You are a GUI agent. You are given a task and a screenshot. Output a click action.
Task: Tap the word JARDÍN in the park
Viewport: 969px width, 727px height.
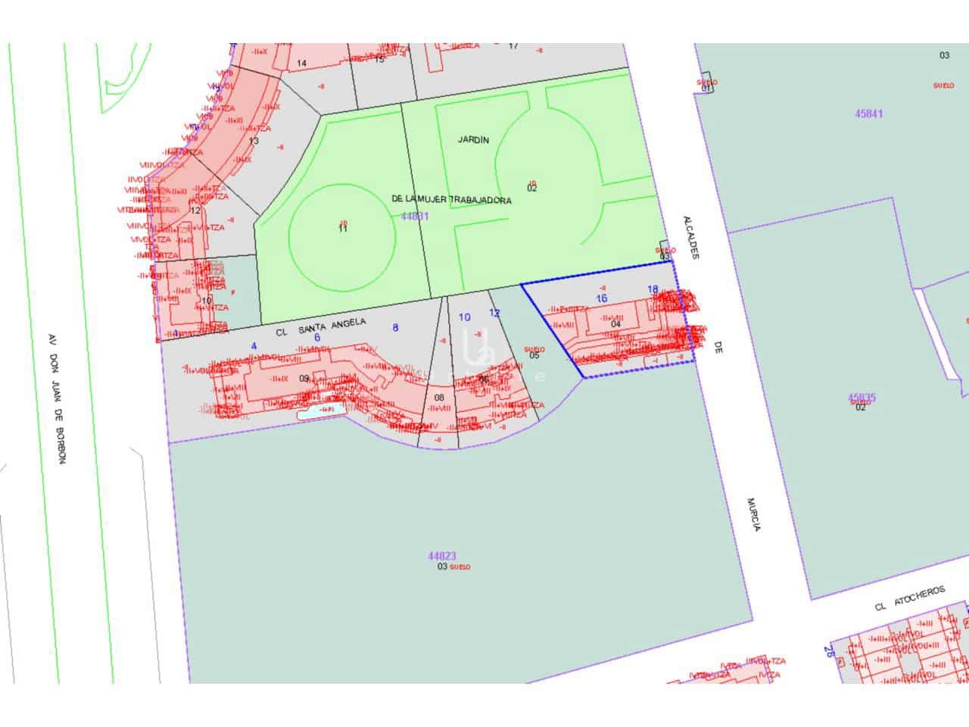474,140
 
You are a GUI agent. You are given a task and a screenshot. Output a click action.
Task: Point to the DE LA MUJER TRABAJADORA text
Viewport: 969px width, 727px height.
452,199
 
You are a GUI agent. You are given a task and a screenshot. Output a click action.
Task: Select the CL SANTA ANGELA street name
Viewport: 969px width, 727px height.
321,326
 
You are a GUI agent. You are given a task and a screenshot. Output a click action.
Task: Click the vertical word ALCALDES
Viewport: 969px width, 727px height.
689,236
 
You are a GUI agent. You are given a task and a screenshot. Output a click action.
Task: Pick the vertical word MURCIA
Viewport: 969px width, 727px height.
753,514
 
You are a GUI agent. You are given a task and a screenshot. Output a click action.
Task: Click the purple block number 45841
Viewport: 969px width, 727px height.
868,114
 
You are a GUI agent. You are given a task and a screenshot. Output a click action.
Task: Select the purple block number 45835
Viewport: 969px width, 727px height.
862,397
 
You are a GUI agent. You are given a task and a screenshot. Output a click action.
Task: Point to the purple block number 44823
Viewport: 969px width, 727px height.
441,555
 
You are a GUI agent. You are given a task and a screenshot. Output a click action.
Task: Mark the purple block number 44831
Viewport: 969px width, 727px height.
414,216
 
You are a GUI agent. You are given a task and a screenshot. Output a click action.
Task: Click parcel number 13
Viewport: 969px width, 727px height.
254,141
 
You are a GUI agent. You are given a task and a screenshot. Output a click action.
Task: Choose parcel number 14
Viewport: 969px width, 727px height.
302,63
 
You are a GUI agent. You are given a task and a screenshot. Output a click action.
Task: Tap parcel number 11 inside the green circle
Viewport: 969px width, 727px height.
342,229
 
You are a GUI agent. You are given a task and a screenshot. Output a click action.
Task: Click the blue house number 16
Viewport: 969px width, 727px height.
602,298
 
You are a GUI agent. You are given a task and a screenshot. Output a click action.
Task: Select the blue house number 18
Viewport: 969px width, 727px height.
653,289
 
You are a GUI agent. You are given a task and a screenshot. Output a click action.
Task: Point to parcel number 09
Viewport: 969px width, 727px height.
304,378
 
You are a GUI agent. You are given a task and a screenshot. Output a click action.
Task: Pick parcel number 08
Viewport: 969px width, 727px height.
439,397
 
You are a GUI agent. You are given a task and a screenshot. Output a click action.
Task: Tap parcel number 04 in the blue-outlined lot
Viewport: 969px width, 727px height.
615,324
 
